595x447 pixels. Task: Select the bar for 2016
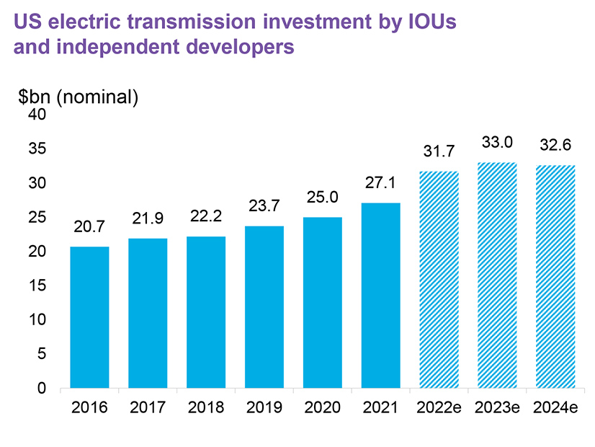(x=89, y=317)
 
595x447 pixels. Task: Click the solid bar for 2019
(x=264, y=307)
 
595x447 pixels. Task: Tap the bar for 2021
(x=381, y=296)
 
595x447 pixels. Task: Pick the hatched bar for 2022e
(x=439, y=280)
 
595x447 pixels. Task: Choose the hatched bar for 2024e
(x=556, y=277)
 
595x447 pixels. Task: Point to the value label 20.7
(x=89, y=226)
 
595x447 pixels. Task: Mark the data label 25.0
(x=323, y=197)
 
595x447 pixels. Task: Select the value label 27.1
(x=381, y=182)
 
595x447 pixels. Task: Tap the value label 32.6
(x=556, y=145)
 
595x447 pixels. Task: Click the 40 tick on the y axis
(x=37, y=115)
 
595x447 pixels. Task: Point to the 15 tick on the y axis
(x=37, y=286)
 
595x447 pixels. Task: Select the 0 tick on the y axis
(x=42, y=388)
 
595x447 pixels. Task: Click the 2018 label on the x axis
(x=206, y=407)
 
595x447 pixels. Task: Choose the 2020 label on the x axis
(x=323, y=407)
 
